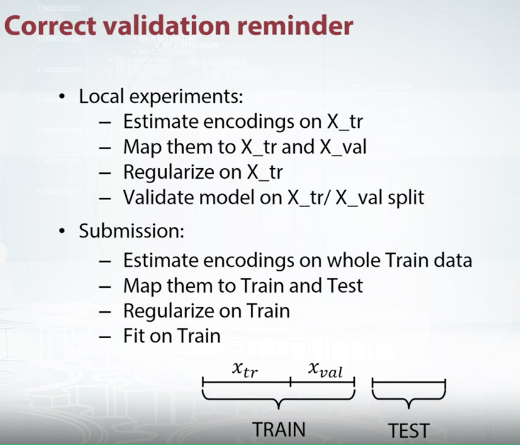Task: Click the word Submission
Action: (131, 231)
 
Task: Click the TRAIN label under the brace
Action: (278, 429)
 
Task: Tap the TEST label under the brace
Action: (409, 431)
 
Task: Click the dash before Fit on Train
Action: (105, 335)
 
